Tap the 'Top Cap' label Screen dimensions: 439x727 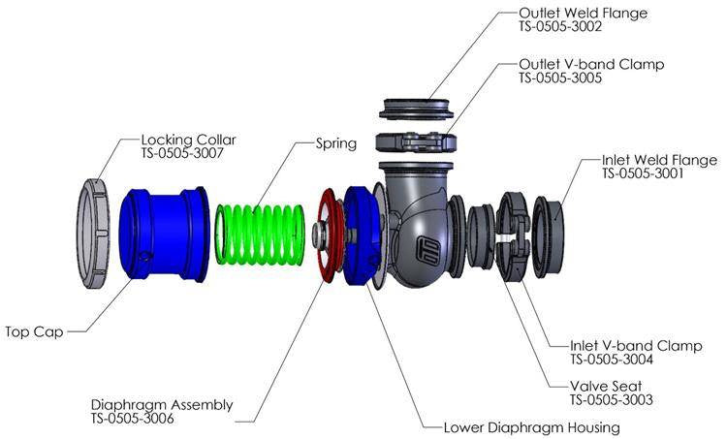pyautogui.click(x=35, y=332)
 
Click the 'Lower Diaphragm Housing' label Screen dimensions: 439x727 pyautogui.click(x=531, y=426)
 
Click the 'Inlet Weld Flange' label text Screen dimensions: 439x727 pyautogui.click(x=659, y=160)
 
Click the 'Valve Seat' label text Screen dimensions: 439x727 pyautogui.click(x=606, y=385)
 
